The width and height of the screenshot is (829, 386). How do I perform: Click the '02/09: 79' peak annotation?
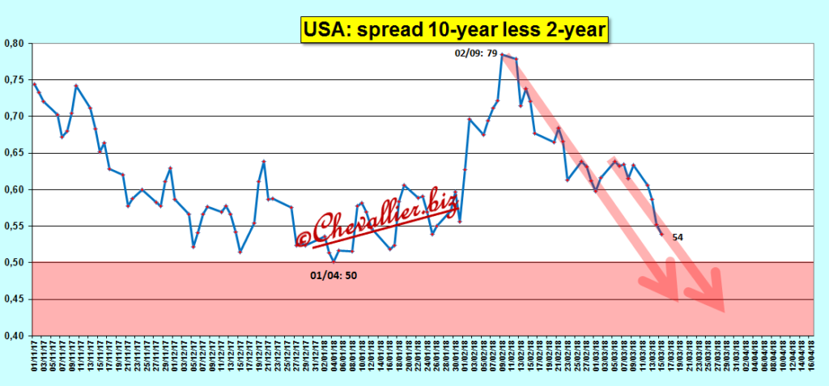pos(476,54)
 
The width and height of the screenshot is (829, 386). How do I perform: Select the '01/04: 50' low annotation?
pos(334,275)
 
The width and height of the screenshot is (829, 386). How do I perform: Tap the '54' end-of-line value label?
pos(678,237)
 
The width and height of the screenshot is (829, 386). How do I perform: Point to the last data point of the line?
pos(661,235)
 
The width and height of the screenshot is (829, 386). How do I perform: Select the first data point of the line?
pos(33,83)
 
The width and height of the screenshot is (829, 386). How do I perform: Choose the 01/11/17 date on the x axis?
pos(33,359)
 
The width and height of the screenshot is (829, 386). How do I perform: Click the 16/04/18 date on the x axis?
pos(809,359)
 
